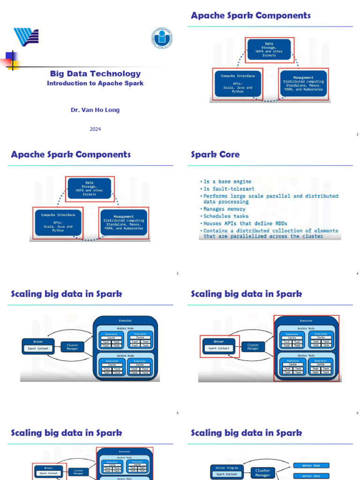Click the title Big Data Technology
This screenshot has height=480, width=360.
[x=95, y=74]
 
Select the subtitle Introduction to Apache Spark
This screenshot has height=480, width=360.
[x=95, y=83]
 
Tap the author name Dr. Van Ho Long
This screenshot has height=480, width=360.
[x=95, y=110]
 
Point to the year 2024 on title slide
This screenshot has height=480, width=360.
[x=95, y=129]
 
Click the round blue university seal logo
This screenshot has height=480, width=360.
[x=162, y=38]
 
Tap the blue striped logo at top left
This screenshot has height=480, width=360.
[x=26, y=37]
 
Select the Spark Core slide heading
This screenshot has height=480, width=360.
[x=215, y=155]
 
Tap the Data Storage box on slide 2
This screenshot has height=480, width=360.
[x=269, y=50]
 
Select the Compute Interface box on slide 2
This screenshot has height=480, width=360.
[x=238, y=84]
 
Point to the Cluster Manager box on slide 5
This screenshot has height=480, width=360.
[x=72, y=347]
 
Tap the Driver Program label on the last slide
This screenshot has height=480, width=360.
[x=227, y=468]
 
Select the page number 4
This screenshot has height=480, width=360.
[x=357, y=274]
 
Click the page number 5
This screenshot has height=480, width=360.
[x=177, y=413]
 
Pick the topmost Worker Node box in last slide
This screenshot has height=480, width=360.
[x=311, y=465]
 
